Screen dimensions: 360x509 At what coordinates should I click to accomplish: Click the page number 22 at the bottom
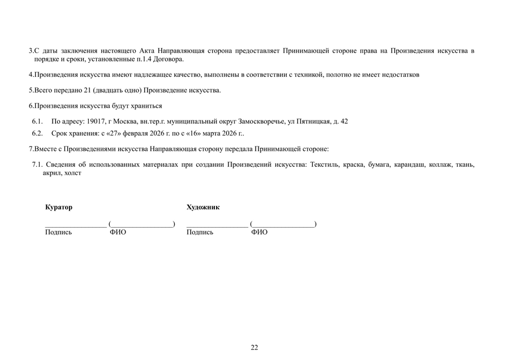coord(255,347)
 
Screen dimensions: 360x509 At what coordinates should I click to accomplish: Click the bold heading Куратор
coord(59,207)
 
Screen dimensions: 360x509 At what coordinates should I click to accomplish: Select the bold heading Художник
coord(203,207)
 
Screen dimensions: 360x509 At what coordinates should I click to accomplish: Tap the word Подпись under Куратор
coord(58,232)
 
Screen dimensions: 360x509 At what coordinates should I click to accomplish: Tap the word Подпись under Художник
coord(200,232)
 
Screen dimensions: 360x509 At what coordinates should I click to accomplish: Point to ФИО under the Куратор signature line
coord(118,232)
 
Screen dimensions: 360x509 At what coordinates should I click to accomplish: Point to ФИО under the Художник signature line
coord(260,232)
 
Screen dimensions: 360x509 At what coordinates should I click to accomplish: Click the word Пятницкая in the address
coord(313,122)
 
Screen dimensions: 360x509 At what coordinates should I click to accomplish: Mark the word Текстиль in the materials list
coord(322,164)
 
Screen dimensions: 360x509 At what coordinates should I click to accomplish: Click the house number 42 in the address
coord(344,122)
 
